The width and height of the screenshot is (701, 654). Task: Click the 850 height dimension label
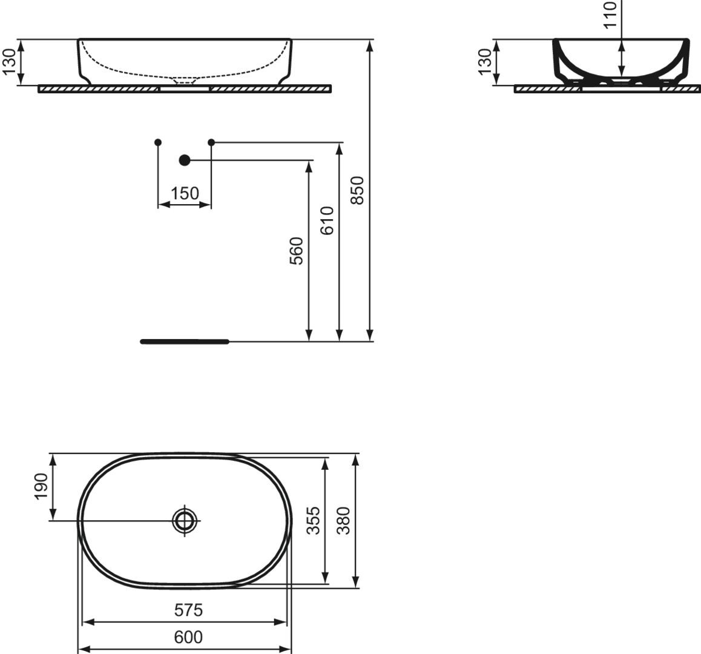358,190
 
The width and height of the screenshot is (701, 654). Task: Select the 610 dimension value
327,220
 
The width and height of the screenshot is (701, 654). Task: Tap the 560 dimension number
297,251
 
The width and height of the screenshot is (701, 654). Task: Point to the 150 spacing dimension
185,194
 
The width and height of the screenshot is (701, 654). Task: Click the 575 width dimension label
189,610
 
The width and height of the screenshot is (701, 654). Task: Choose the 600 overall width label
189,636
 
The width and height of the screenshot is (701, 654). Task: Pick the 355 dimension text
314,520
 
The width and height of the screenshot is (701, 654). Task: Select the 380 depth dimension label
343,520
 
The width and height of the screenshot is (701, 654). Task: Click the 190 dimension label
41,486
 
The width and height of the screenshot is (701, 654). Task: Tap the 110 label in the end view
611,15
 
